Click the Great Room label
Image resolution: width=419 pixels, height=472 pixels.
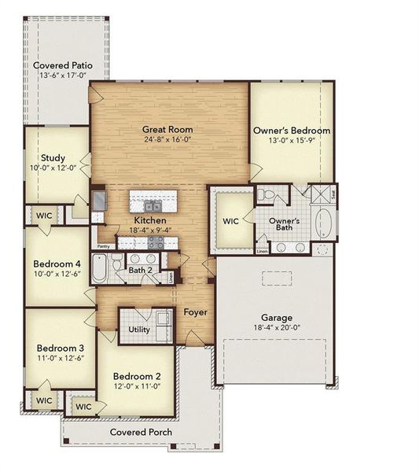(x=167, y=129)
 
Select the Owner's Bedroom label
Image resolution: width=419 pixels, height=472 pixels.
(x=291, y=131)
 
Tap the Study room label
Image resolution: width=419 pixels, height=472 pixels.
(x=53, y=157)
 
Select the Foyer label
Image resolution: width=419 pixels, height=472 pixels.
(x=195, y=312)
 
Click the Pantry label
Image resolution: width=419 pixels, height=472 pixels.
(x=102, y=246)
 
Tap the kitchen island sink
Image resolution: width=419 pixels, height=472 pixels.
(x=153, y=206)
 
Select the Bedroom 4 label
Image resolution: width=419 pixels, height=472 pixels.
(x=57, y=264)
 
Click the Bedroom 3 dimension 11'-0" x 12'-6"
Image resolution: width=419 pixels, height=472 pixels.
(x=59, y=358)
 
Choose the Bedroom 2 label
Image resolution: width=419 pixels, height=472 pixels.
(x=135, y=375)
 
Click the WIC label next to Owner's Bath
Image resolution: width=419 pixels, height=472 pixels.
(x=230, y=221)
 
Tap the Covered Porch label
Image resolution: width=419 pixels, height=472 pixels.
(x=141, y=432)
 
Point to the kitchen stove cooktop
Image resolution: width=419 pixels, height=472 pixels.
(x=156, y=242)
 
